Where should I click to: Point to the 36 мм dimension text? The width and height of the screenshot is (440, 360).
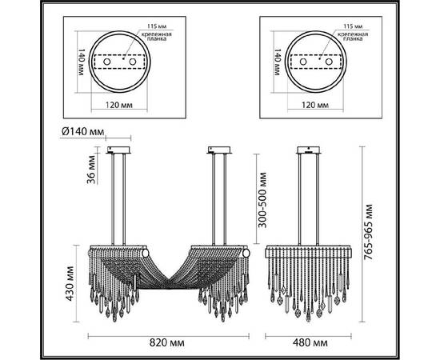click(92, 170)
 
